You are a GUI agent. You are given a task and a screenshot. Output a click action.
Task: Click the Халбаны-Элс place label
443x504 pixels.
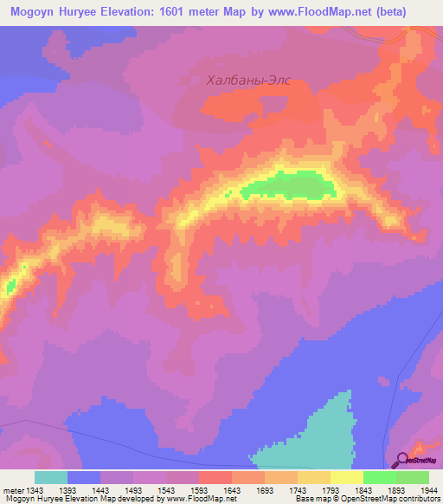248,80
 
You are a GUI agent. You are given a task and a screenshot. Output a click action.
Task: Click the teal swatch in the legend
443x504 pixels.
51,477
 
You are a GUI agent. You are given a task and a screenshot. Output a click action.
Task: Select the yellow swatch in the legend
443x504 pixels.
347,477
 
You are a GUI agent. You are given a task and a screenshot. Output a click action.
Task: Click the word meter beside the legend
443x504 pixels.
13,489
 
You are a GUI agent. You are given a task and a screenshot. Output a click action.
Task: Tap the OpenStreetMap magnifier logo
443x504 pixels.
402,460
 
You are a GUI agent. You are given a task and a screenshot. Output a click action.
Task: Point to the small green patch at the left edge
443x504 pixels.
10,285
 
